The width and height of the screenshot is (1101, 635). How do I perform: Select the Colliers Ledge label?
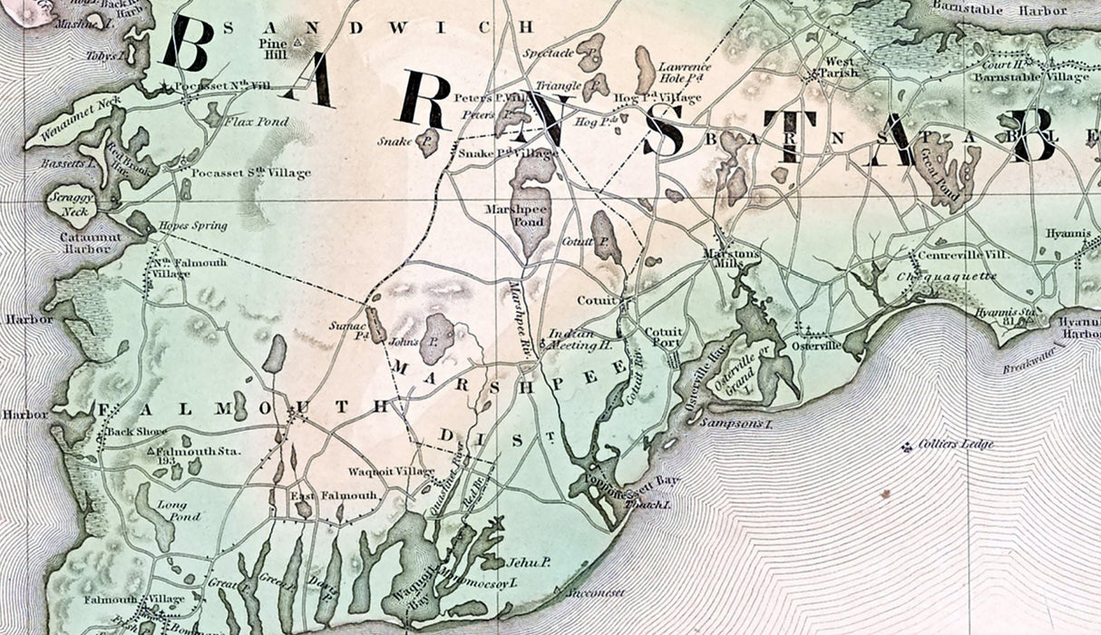[x=955, y=444]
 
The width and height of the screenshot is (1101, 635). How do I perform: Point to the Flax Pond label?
[x=249, y=121]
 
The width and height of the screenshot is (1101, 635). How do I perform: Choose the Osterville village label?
[x=812, y=346]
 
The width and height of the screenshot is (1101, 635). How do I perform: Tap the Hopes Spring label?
[x=192, y=226]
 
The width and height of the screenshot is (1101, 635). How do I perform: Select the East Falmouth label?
[x=321, y=495]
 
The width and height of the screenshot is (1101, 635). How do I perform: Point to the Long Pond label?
[x=172, y=511]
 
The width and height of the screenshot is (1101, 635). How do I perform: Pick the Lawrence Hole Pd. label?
[x=684, y=73]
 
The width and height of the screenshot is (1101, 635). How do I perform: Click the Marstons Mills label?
[x=731, y=259]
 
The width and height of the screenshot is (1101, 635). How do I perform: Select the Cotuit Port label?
[x=662, y=337]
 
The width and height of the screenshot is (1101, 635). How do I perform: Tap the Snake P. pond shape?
[x=428, y=141]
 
